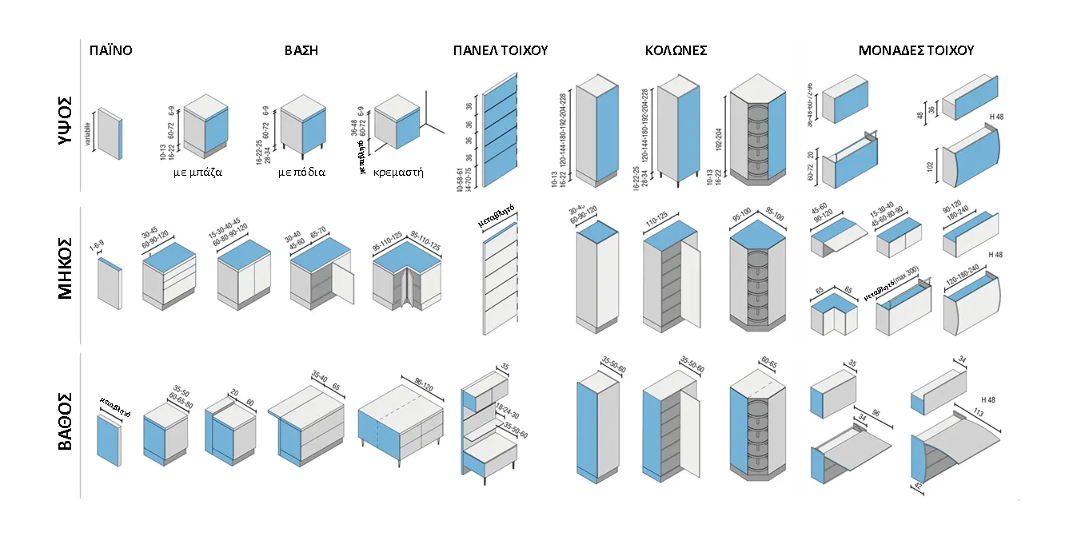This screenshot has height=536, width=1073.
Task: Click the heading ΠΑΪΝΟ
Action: point(110,50)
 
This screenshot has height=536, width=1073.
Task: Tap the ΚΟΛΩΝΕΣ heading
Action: point(676,50)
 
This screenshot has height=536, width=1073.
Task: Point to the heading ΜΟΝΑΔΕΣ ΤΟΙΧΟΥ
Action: point(916,50)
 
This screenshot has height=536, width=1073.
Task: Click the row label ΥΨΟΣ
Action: point(66,119)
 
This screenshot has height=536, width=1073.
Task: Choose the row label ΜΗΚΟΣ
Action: point(66,269)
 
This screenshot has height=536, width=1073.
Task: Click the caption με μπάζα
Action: point(197,172)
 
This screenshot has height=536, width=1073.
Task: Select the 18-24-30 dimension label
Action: point(508,413)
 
